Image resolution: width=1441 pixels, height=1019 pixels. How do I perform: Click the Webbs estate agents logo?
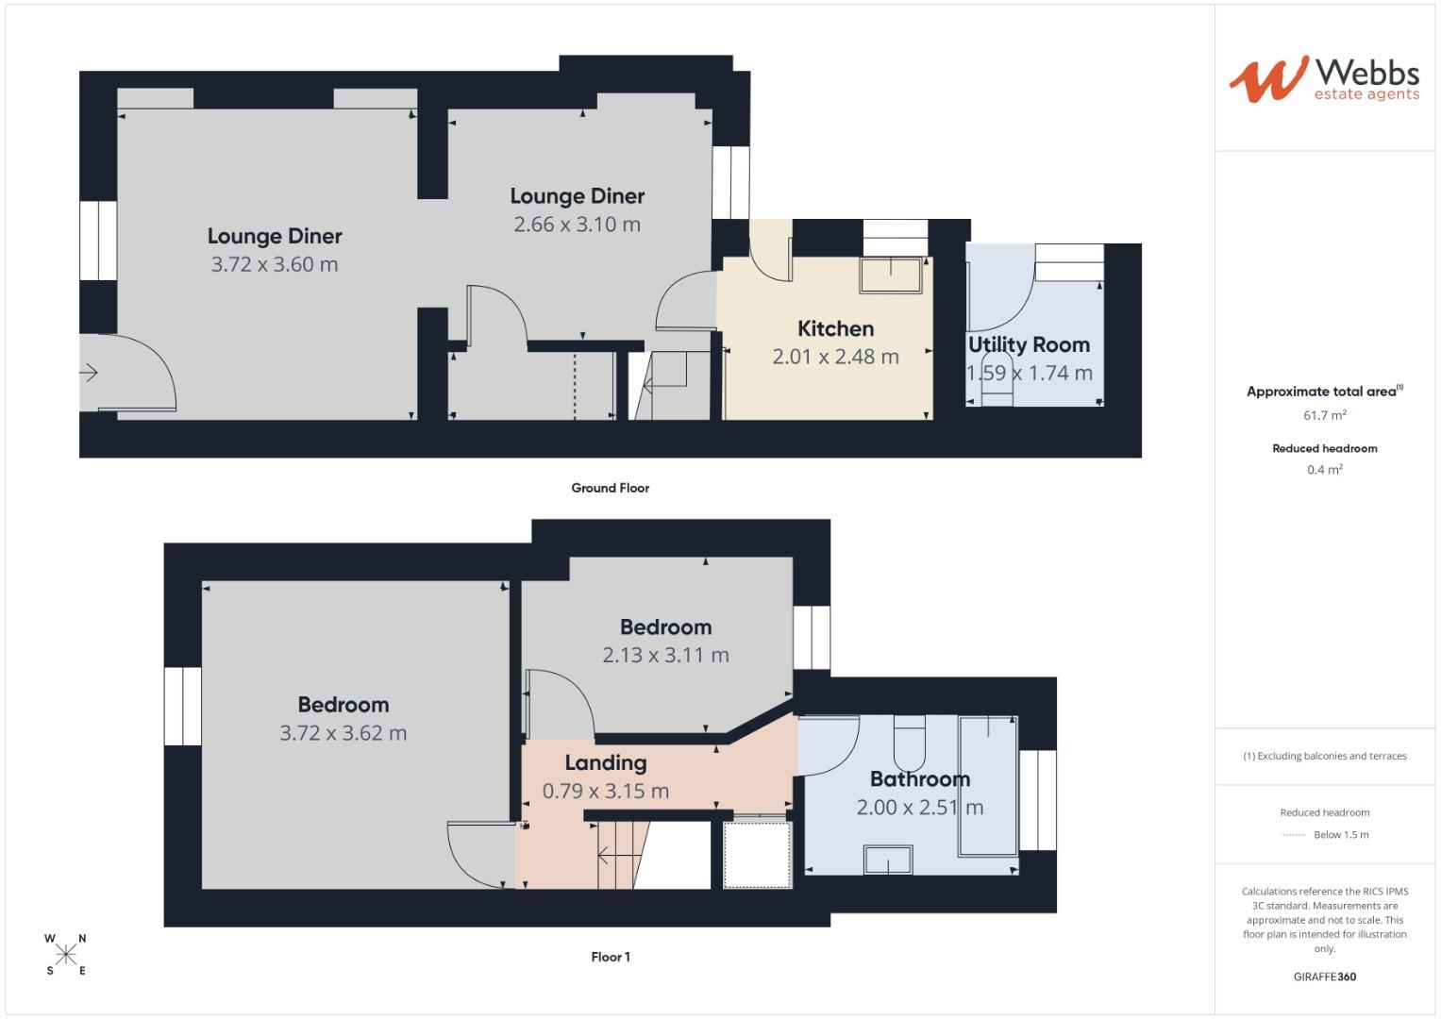click(1324, 79)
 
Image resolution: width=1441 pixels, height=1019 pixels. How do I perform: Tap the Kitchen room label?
click(835, 329)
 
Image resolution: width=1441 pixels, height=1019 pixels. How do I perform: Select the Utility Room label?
click(1029, 345)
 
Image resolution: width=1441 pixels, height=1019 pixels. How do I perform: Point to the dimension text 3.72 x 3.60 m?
click(275, 265)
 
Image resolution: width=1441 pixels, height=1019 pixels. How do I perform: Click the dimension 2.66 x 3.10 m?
click(577, 225)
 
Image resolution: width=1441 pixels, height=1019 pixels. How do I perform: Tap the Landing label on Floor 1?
click(606, 763)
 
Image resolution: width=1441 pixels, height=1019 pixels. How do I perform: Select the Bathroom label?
click(919, 779)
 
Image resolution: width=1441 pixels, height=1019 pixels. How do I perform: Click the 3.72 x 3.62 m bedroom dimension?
click(343, 733)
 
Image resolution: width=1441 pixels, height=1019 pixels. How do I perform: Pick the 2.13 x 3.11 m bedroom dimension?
click(665, 655)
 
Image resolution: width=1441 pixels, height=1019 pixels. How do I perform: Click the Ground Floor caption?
click(610, 488)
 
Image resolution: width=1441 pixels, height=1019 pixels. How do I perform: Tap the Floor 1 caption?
click(610, 957)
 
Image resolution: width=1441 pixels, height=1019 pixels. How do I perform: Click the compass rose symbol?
click(66, 955)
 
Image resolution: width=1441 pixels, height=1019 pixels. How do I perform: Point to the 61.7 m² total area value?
click(1324, 415)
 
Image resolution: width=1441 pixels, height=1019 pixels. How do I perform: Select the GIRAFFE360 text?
click(1324, 977)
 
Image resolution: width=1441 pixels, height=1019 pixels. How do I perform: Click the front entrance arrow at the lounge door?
click(89, 373)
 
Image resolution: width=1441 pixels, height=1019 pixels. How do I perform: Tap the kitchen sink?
click(890, 275)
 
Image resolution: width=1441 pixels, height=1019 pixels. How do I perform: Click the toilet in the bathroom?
click(910, 743)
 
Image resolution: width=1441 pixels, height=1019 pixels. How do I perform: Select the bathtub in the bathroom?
click(988, 786)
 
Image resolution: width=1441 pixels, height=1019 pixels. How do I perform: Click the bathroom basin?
click(888, 860)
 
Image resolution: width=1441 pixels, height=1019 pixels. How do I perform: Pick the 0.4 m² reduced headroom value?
click(1324, 470)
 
